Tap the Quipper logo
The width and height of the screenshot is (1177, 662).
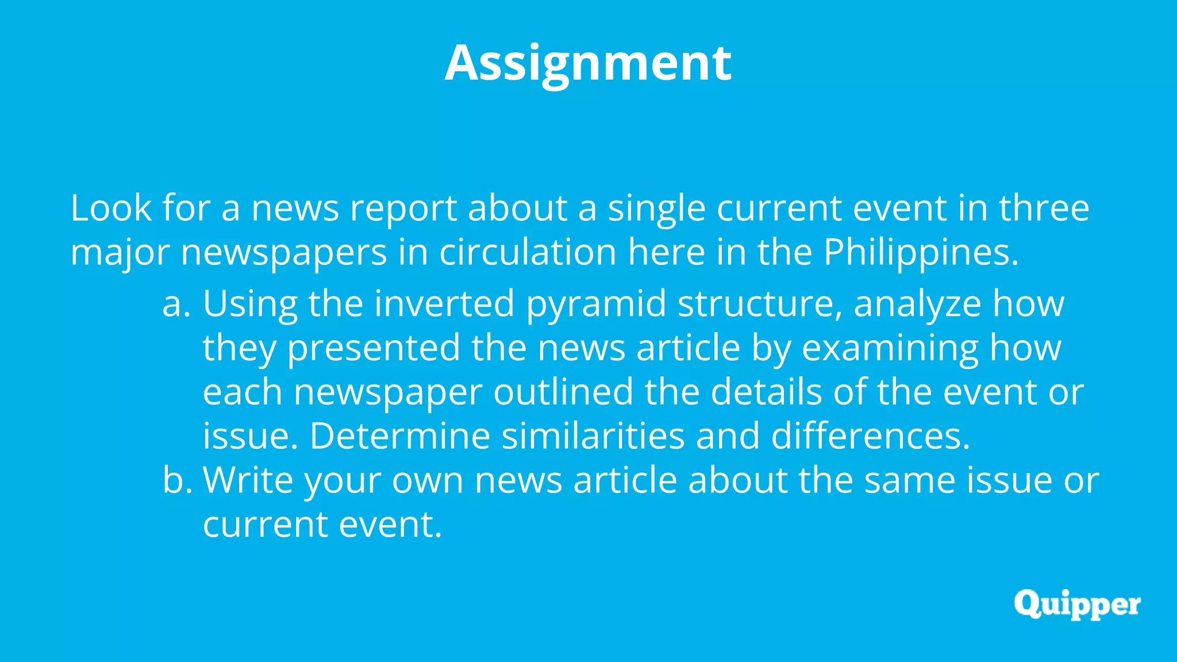1077,605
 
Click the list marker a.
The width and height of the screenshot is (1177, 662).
175,304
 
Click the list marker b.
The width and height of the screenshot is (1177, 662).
176,480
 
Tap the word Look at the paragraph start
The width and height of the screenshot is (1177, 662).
111,208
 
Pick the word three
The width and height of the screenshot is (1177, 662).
1044,208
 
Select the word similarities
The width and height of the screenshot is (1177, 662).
593,436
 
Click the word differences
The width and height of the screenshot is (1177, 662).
870,436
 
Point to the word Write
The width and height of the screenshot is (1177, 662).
248,480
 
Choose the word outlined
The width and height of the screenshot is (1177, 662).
563,392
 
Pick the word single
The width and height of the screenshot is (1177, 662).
657,208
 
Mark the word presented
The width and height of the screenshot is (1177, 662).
374,348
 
